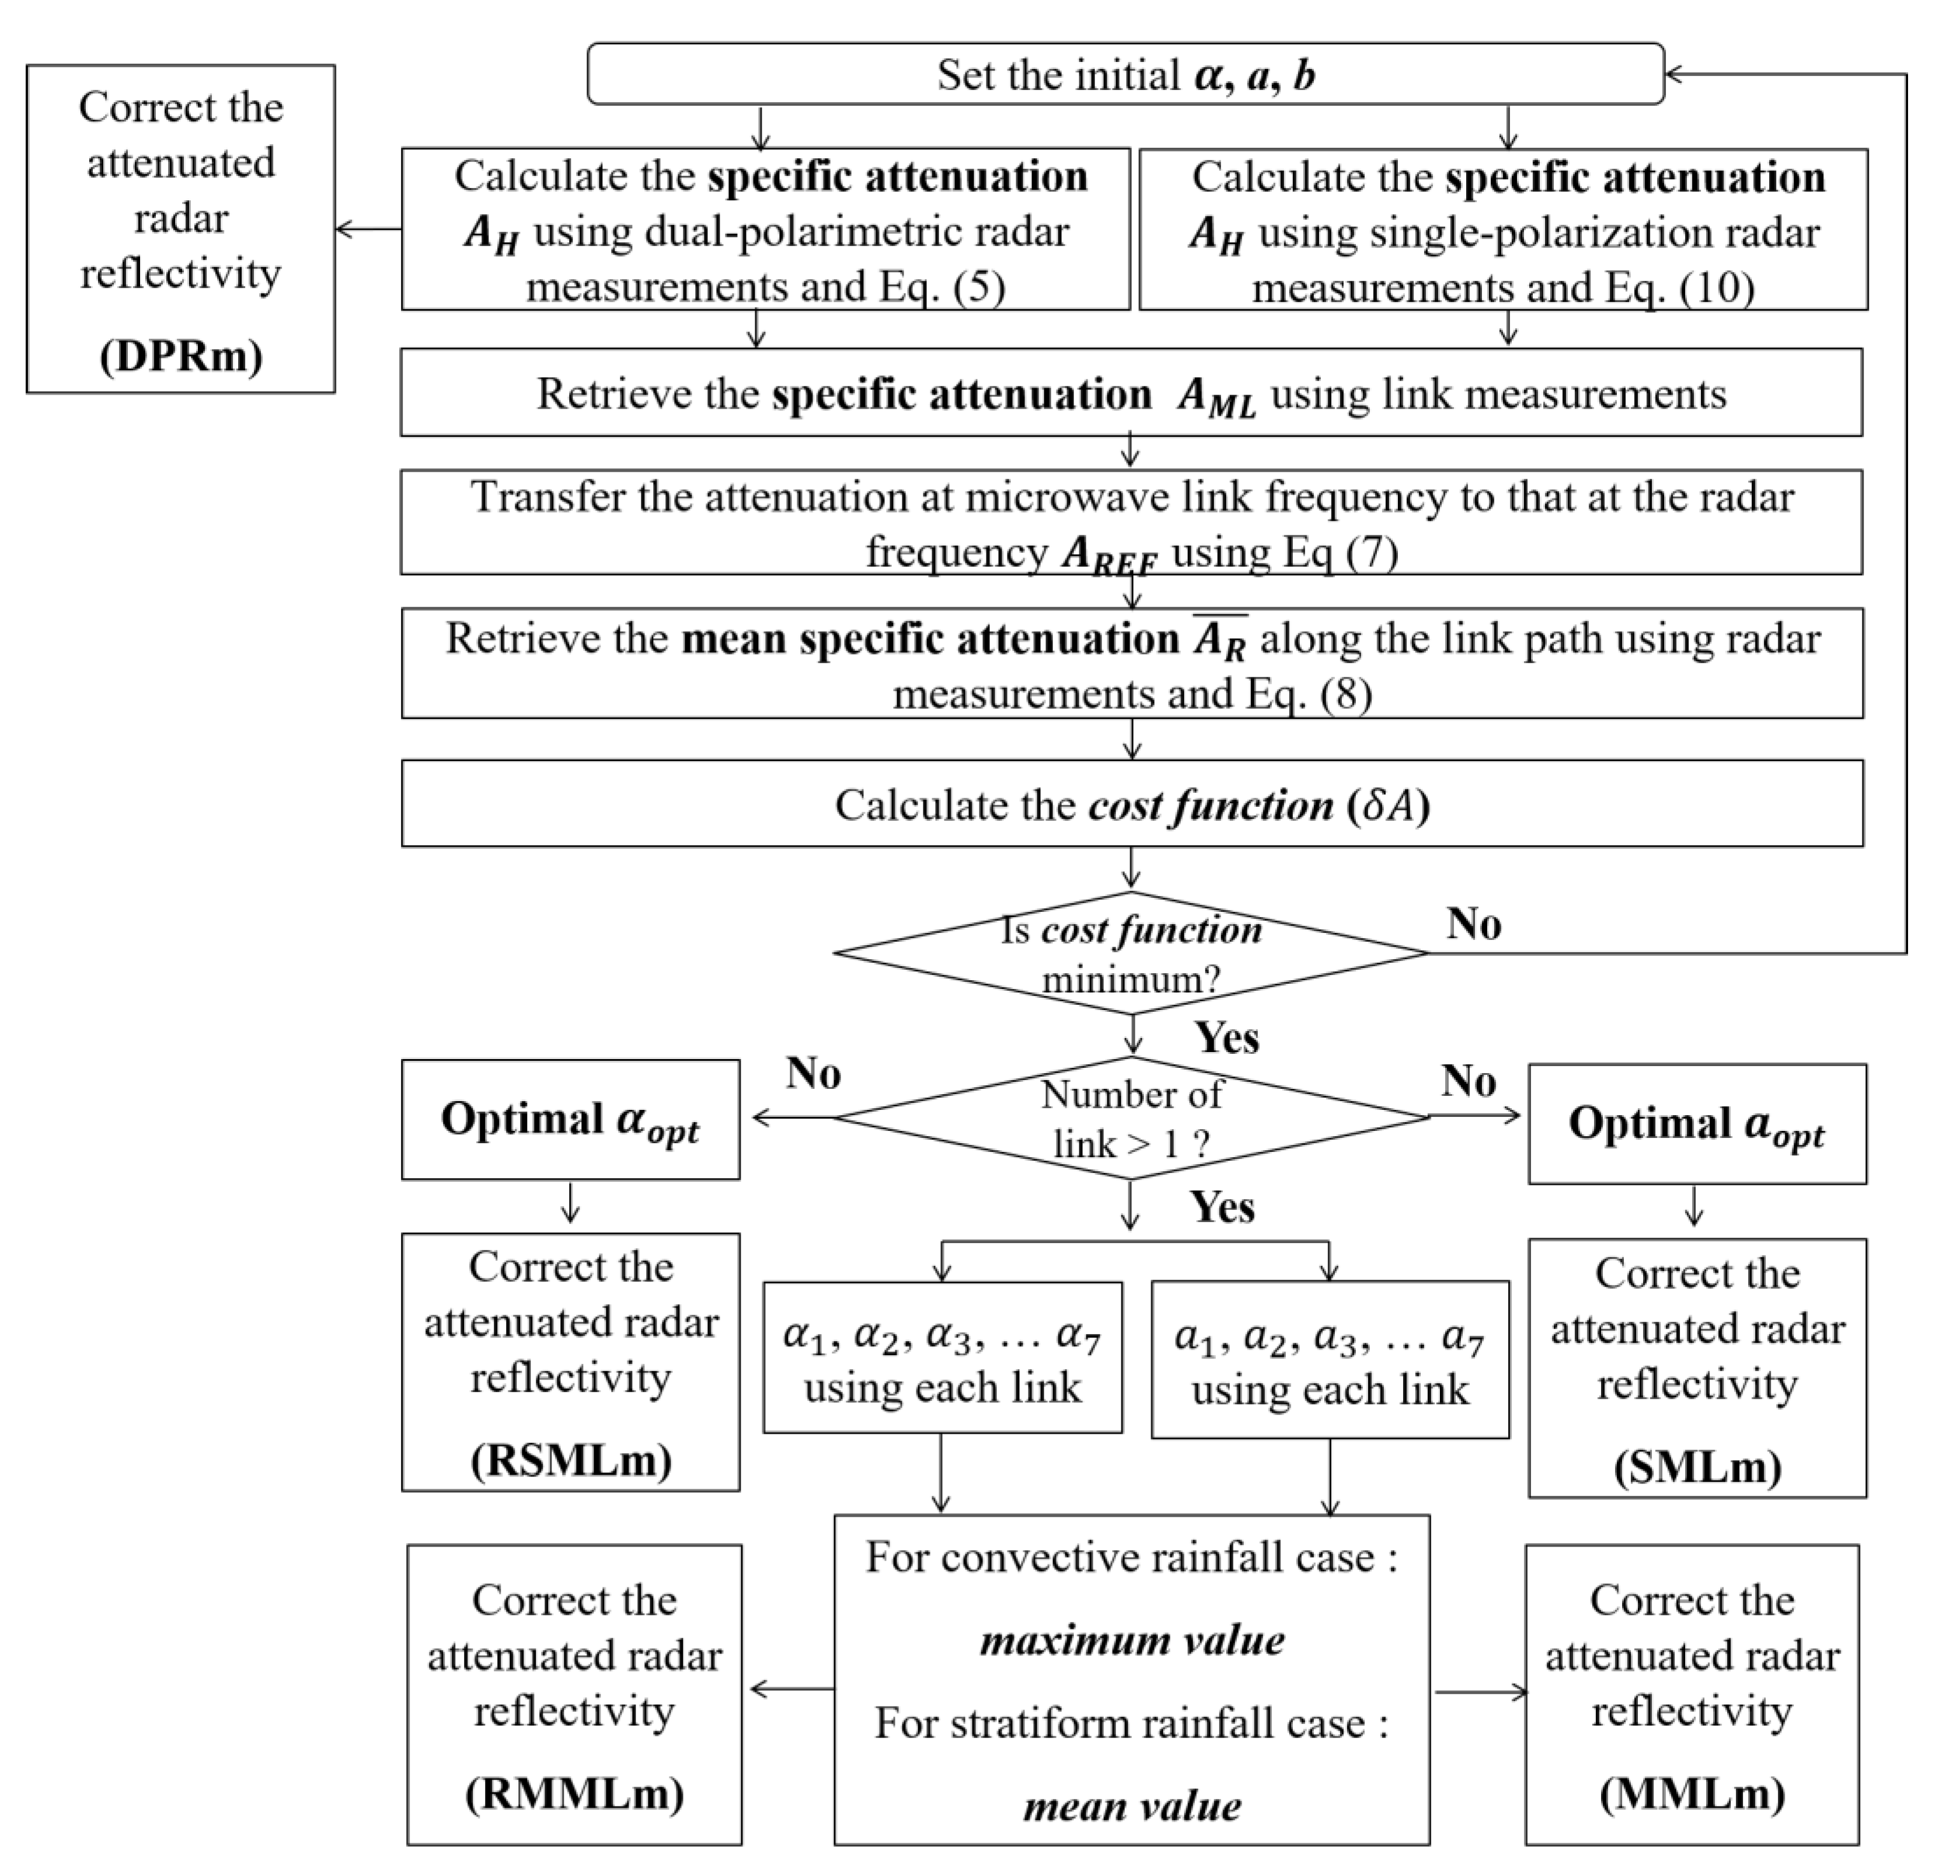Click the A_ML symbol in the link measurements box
point(1217,397)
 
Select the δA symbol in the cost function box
point(1390,805)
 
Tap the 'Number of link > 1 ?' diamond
point(1131,1118)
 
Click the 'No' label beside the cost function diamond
point(1473,924)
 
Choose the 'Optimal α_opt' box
point(570,1120)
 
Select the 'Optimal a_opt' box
point(1697,1124)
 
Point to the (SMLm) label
point(1697,1466)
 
